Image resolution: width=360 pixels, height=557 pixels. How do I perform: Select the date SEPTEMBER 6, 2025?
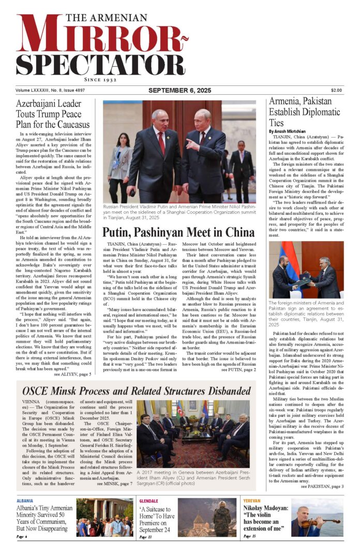(179, 91)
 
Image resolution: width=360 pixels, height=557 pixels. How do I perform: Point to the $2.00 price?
(336, 91)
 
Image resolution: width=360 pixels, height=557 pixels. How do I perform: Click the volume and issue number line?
(47, 91)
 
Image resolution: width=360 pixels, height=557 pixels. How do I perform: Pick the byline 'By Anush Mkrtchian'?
(290, 131)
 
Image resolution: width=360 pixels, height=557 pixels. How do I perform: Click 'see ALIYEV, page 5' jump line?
(72, 374)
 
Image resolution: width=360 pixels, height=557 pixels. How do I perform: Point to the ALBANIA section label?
(25, 501)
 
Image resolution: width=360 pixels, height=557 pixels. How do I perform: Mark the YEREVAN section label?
(252, 501)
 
